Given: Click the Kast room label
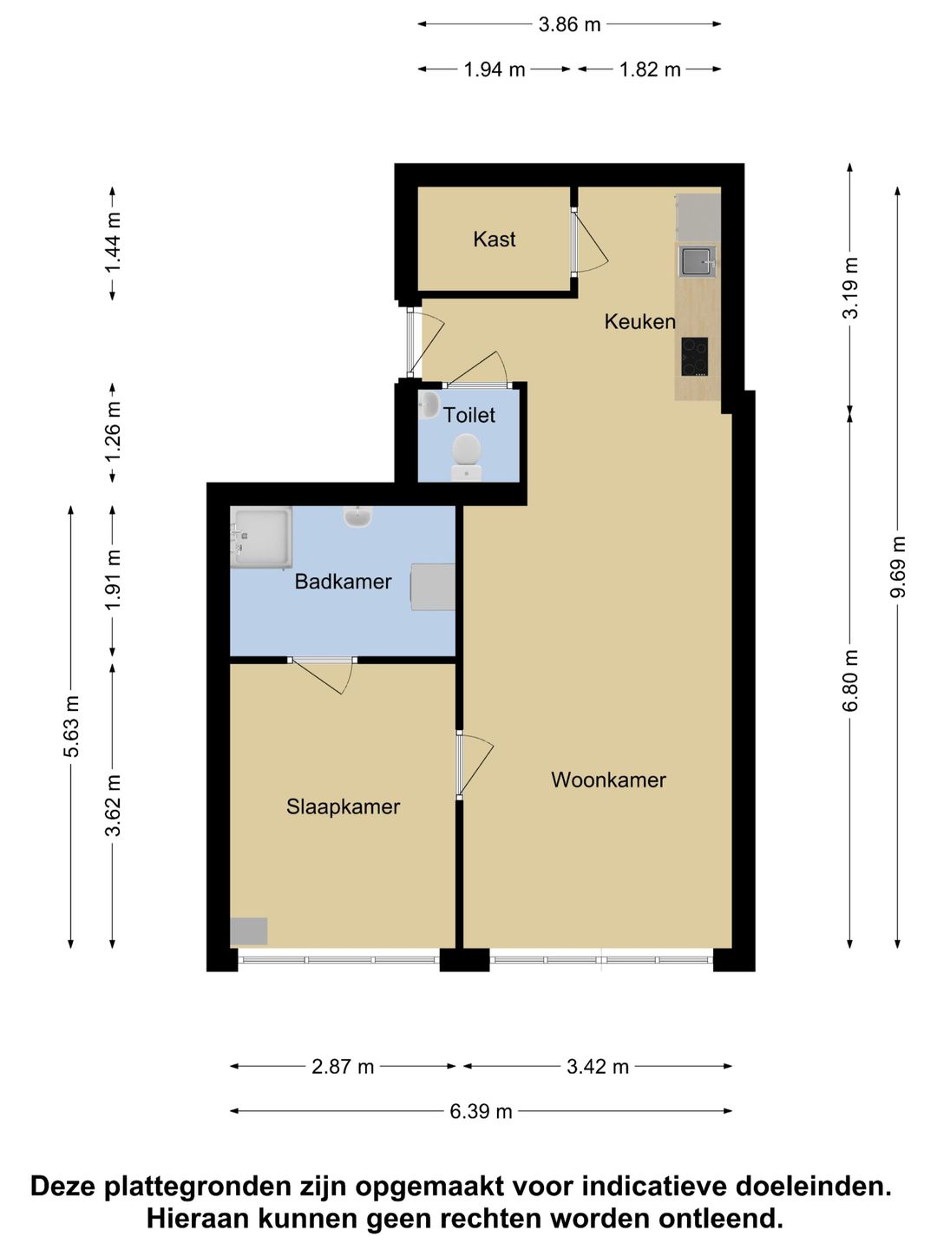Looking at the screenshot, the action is pos(494,240).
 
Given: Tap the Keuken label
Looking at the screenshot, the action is pos(640,322).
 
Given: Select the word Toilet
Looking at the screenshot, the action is pos(468,415).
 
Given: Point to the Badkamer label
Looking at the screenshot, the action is pos(343,582).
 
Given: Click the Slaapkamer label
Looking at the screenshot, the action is pos(343,807).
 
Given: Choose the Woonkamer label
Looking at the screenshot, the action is pos(608,780).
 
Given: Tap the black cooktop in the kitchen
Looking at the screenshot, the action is pos(695,357).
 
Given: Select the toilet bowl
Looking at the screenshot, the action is pos(467,456).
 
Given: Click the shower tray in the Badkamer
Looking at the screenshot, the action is pos(261,537).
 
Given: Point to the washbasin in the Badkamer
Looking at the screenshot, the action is pos(357,516).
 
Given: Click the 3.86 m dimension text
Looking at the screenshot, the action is pos(569,24).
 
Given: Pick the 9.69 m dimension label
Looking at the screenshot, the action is pos(897,566).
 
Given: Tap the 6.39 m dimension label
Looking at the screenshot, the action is pos(481,1111).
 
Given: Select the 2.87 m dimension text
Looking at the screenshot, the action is pos(343,1066).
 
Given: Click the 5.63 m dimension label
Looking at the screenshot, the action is pos(71,726).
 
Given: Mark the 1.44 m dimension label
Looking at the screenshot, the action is pos(112,242).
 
